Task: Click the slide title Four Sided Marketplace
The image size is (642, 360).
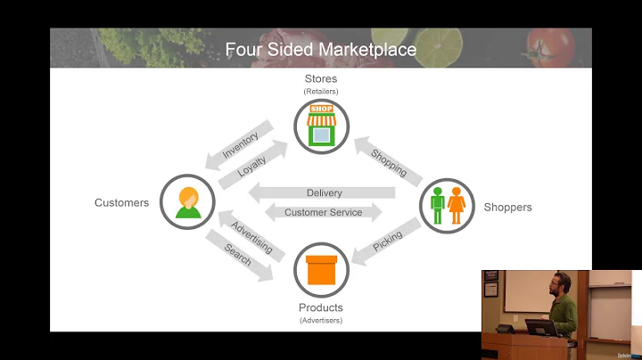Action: coord(320,50)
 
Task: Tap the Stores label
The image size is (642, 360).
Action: coord(321,79)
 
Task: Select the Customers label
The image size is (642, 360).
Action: coord(121,203)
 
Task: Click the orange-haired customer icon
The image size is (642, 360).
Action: coord(188,201)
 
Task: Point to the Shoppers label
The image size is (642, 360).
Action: coord(507,208)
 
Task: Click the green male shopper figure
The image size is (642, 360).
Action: coord(437,205)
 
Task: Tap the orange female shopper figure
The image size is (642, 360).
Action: coord(457,205)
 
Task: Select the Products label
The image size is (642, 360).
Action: coord(321,307)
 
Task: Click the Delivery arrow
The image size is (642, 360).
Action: coord(323,192)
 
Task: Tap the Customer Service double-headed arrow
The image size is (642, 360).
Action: coord(323,212)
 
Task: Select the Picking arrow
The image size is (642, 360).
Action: coord(386,241)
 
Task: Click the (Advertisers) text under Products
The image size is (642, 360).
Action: coord(321,320)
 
